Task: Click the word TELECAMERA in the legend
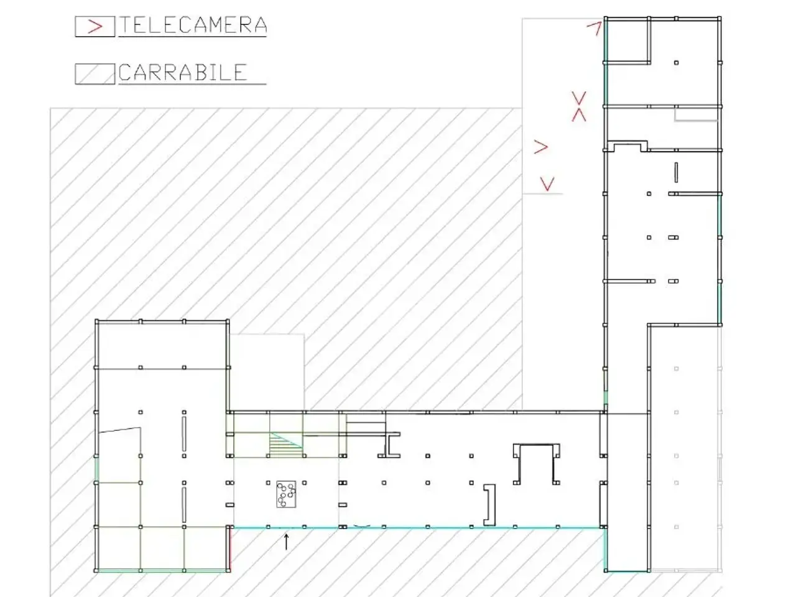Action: click(x=193, y=25)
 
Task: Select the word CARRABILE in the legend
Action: click(x=183, y=72)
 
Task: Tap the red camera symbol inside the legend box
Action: click(x=95, y=27)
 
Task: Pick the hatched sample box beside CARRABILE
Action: click(x=95, y=74)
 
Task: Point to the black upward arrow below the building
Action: click(x=286, y=542)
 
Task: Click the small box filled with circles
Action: click(x=286, y=494)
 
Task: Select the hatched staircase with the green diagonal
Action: click(x=286, y=445)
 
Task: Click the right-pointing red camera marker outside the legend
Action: click(x=540, y=147)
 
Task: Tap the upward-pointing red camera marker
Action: click(x=579, y=115)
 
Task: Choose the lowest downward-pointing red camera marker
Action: click(x=547, y=184)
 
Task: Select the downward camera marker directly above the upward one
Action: click(x=579, y=98)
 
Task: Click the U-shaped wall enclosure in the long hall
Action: click(x=536, y=445)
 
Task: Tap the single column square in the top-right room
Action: click(x=677, y=63)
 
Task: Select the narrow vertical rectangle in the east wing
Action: click(x=676, y=172)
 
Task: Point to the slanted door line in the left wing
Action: click(x=119, y=430)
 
